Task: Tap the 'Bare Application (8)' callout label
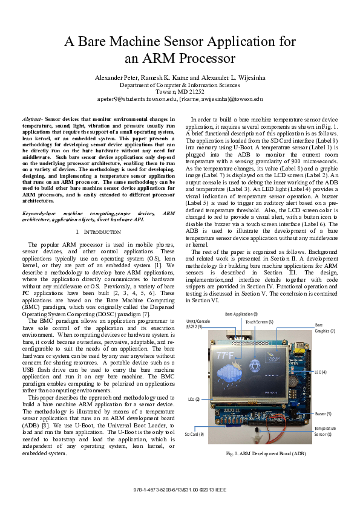(241, 314)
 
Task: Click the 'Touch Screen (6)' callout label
(260, 322)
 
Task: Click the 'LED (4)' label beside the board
(320, 372)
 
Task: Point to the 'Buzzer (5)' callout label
(323, 413)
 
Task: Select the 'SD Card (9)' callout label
(194, 434)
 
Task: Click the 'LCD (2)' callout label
(194, 399)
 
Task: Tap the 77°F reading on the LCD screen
(225, 355)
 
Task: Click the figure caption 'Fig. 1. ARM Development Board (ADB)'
(265, 453)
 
